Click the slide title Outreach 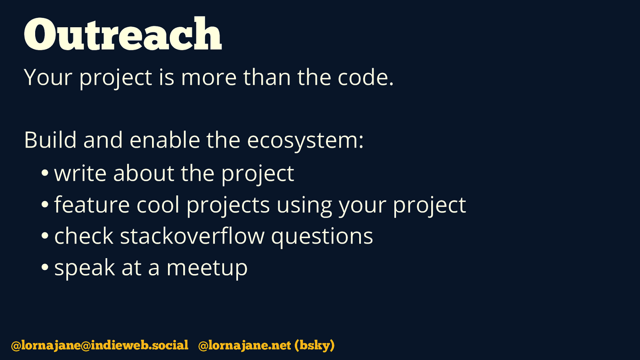click(x=123, y=34)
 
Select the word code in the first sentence click(x=366, y=77)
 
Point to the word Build click(x=50, y=140)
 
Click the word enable click(x=165, y=140)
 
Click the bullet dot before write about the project click(x=45, y=173)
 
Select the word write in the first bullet click(x=80, y=173)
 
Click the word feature click(x=92, y=204)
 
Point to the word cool click(x=158, y=204)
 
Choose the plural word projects click(x=228, y=206)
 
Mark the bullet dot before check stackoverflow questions click(x=45, y=236)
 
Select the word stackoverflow click(x=192, y=236)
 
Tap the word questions click(x=322, y=237)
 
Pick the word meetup click(x=207, y=268)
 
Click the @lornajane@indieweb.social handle click(x=100, y=345)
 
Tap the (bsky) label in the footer click(x=314, y=345)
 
